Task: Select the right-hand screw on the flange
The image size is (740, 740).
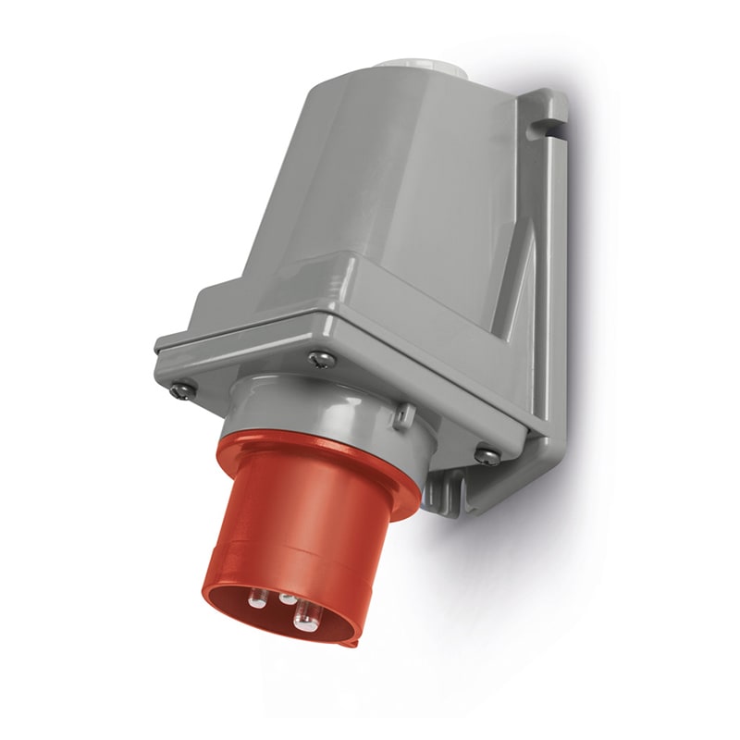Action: click(483, 454)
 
